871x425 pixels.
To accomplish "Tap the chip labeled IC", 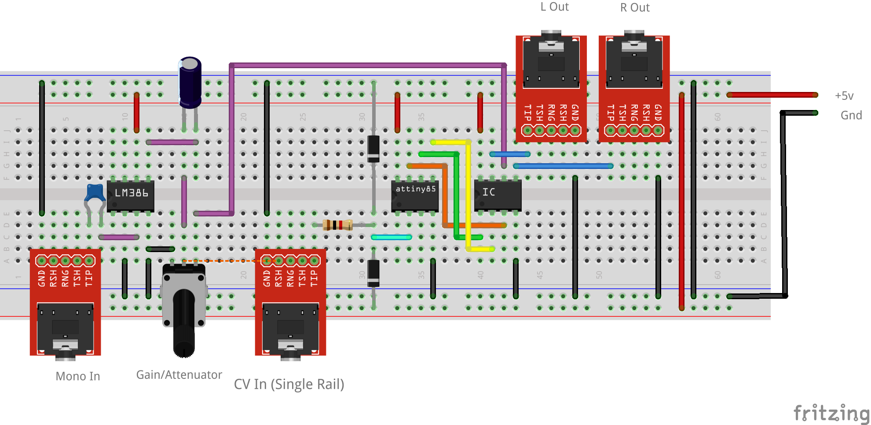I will click(498, 194).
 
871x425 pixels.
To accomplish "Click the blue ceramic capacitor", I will click(95, 193).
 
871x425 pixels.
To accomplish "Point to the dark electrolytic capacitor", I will click(190, 82).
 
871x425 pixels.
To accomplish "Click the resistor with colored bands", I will click(337, 225).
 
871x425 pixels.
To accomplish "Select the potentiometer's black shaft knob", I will click(184, 323).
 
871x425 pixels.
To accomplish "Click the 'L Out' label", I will click(554, 7).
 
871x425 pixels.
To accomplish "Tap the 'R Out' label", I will click(635, 8).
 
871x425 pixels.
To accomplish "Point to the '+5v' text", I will click(844, 96).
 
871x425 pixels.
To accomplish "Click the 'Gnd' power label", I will click(851, 115).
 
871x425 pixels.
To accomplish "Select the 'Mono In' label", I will click(78, 377).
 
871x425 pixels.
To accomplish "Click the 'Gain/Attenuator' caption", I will click(179, 375).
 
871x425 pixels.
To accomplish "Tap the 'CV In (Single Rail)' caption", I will click(289, 384).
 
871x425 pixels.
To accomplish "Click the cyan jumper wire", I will click(392, 237).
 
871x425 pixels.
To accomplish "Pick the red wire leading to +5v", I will click(772, 95).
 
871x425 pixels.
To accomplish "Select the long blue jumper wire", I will click(563, 166).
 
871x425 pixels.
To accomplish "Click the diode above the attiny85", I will click(373, 149).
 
